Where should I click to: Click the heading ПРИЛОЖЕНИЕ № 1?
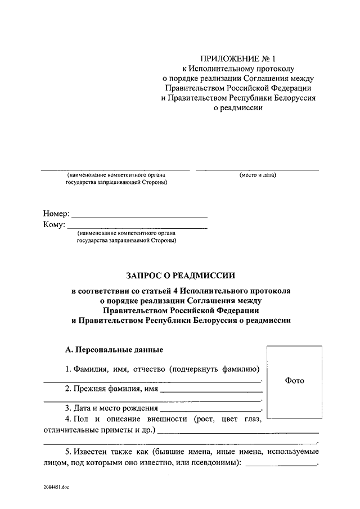click(239, 58)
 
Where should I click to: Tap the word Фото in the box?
click(294, 381)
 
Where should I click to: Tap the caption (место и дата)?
click(258, 175)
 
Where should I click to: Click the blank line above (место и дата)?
click(257, 169)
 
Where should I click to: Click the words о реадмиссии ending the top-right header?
click(239, 109)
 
